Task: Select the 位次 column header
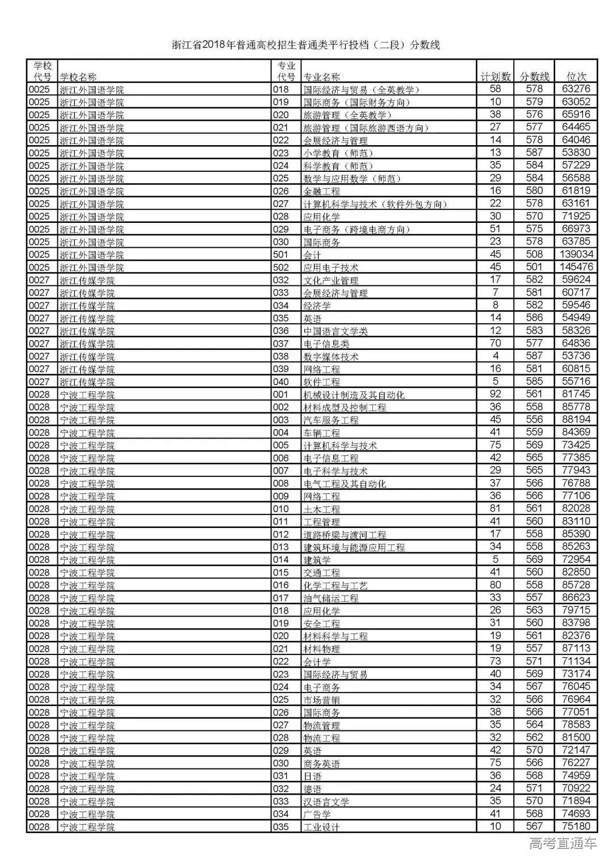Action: (576, 77)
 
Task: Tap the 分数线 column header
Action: (534, 77)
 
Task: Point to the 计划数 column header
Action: (495, 77)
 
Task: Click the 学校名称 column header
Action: (78, 77)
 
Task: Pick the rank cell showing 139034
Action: (576, 255)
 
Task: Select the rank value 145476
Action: (576, 267)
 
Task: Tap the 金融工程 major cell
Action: (321, 191)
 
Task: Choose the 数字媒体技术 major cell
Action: (330, 356)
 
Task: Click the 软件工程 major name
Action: (321, 382)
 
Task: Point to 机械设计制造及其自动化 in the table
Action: (354, 395)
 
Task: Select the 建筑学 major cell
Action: (317, 560)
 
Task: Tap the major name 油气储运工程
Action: (330, 598)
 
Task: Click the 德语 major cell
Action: (312, 788)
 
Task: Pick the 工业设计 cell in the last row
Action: (321, 827)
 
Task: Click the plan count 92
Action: (495, 394)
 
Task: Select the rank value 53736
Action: (576, 356)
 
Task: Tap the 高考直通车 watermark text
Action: (562, 843)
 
